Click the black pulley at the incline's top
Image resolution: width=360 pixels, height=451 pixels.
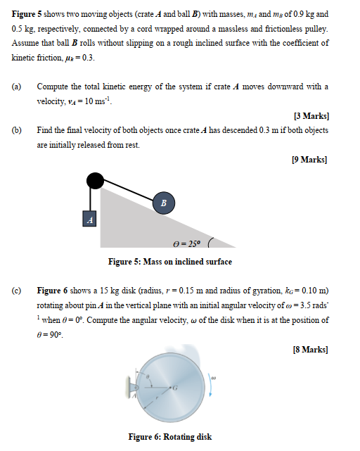click(x=94, y=181)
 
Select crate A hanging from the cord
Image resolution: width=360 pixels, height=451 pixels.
click(x=89, y=219)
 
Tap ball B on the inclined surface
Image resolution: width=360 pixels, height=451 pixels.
click(x=164, y=203)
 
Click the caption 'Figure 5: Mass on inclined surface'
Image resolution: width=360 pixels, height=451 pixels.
click(x=169, y=262)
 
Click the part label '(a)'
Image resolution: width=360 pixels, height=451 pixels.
click(x=16, y=87)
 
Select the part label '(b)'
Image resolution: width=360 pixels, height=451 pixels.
click(x=16, y=131)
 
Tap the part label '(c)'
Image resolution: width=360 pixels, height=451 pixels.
click(x=16, y=290)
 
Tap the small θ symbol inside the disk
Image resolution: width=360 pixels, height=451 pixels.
click(x=148, y=379)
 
